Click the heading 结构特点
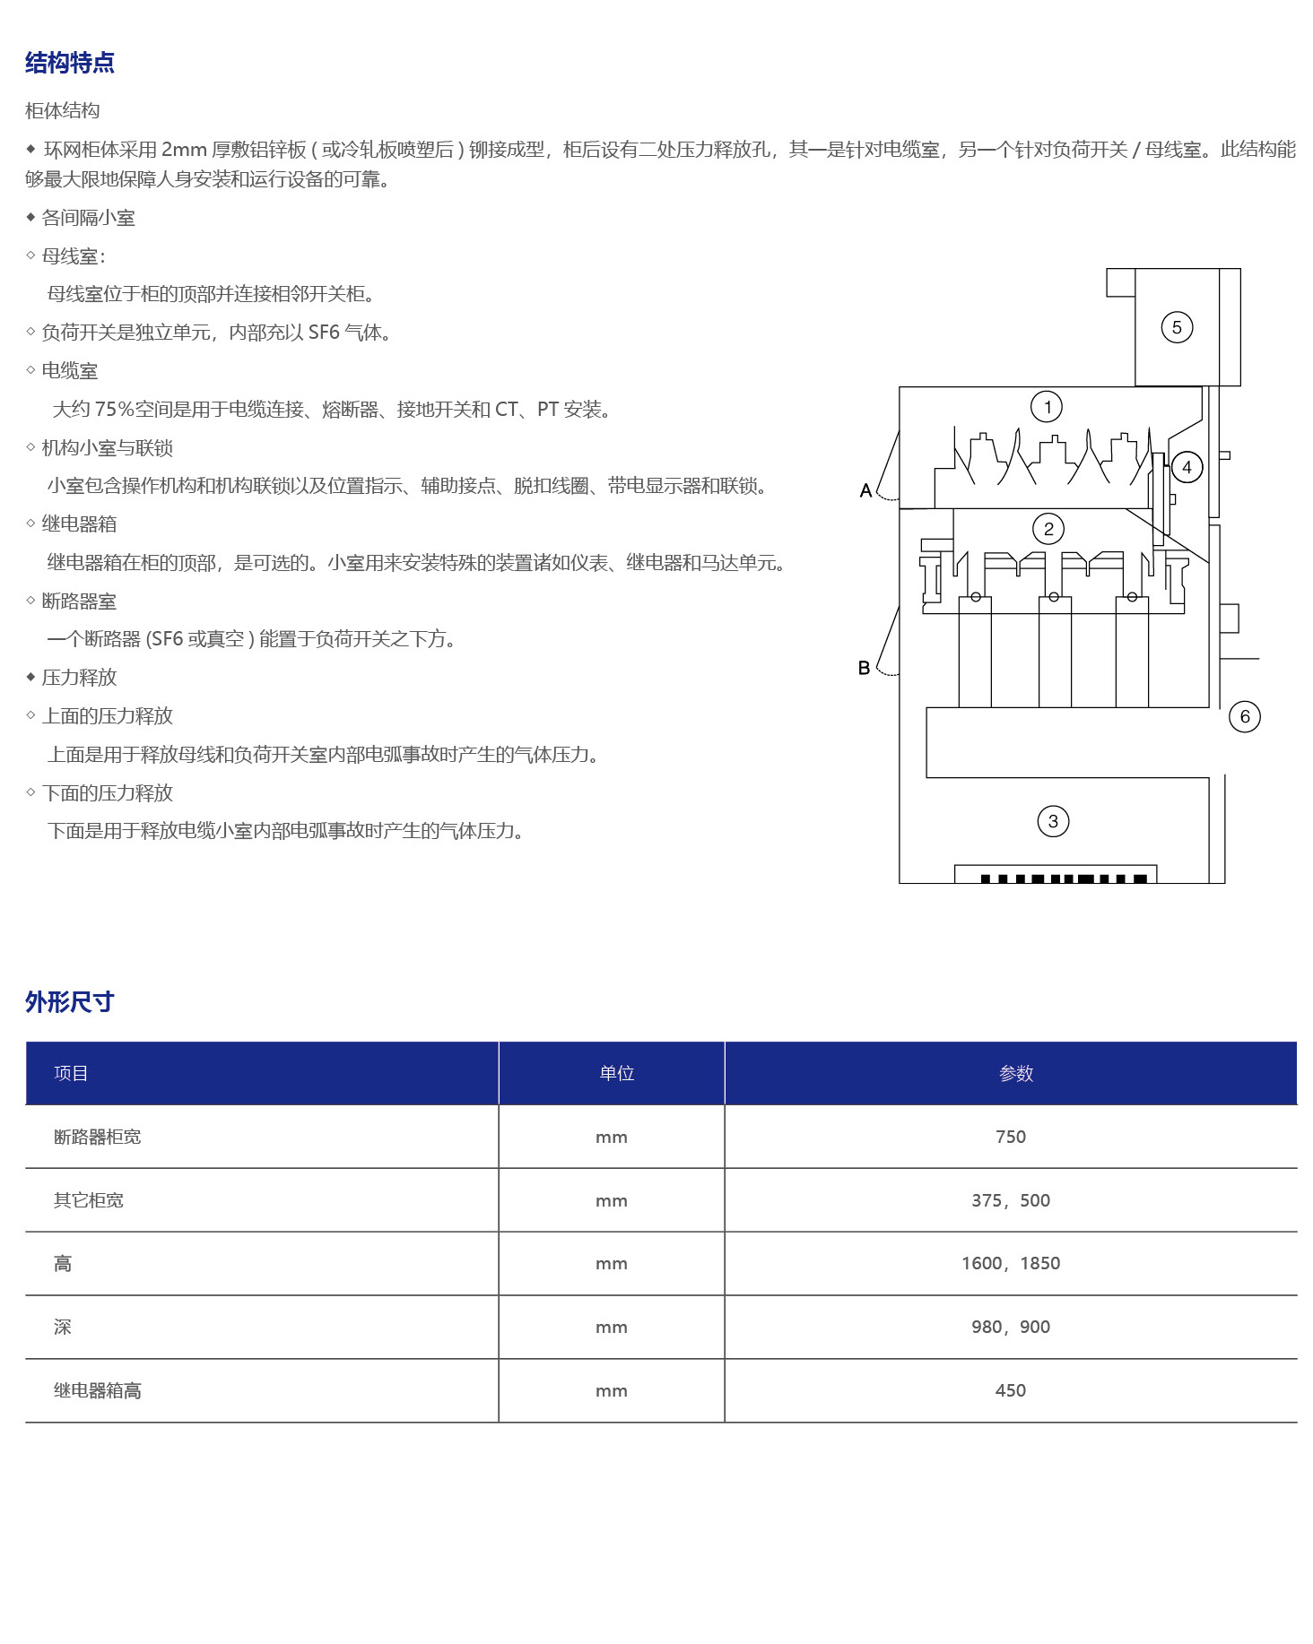coord(70,63)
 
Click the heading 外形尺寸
coord(70,1002)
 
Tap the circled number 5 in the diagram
coord(1177,327)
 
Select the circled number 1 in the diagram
coord(1047,407)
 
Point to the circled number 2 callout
coord(1048,529)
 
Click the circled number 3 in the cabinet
coord(1053,821)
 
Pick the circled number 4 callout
coord(1187,467)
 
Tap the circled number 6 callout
coord(1245,716)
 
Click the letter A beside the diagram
coord(865,490)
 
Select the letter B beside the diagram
coord(864,668)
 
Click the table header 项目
coord(71,1073)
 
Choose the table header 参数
coord(1016,1073)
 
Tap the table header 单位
coord(617,1073)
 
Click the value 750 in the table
coord(1011,1137)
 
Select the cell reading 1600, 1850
coord(1011,1263)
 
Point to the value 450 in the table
coord(1011,1390)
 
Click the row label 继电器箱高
coord(98,1390)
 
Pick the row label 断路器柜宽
coord(98,1137)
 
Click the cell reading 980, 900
coord(1011,1327)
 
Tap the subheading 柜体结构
coord(63,110)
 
